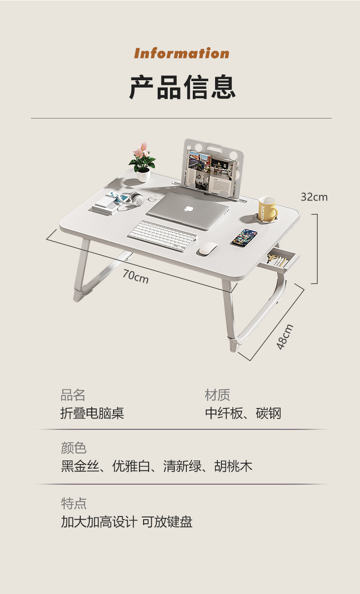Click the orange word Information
[x=181, y=53]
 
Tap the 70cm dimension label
[x=135, y=276]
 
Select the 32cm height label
[x=314, y=197]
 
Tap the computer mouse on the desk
[x=207, y=249]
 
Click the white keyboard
[x=162, y=235]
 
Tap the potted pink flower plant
[x=142, y=162]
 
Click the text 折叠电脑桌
[x=92, y=413]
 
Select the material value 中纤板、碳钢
[x=243, y=413]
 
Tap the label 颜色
[x=73, y=448]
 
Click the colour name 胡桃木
[x=233, y=466]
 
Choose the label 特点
[x=73, y=503]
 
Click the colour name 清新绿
[x=182, y=466]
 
